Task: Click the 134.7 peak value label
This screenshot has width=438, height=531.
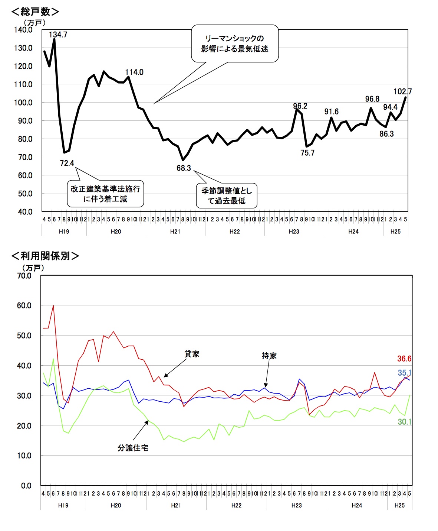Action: tap(58, 35)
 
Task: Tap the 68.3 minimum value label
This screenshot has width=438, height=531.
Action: tap(184, 168)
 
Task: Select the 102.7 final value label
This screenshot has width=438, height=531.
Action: tap(402, 92)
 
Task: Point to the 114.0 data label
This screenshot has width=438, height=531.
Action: tap(134, 72)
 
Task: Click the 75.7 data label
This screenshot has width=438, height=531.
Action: tap(307, 153)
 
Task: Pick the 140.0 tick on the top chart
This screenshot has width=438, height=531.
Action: tap(23, 30)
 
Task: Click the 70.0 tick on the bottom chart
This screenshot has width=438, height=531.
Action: tap(24, 276)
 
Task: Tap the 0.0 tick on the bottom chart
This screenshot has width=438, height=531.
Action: tap(26, 486)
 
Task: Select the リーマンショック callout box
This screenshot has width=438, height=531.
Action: tap(235, 43)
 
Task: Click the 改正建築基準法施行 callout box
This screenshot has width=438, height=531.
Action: tap(105, 194)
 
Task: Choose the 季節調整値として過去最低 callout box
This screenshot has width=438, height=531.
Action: tap(227, 195)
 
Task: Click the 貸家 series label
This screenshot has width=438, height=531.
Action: tap(192, 354)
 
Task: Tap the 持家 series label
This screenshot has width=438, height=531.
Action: tap(269, 356)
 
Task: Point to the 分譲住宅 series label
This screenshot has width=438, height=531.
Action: tap(133, 448)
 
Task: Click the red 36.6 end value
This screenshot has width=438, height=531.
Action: tap(404, 359)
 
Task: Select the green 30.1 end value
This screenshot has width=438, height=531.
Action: tap(404, 422)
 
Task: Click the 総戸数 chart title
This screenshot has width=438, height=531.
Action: tap(35, 12)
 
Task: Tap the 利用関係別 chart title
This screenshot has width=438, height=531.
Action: tap(45, 256)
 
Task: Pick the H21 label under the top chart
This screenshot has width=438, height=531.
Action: tap(175, 231)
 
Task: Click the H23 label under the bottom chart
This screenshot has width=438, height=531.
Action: tap(296, 505)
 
